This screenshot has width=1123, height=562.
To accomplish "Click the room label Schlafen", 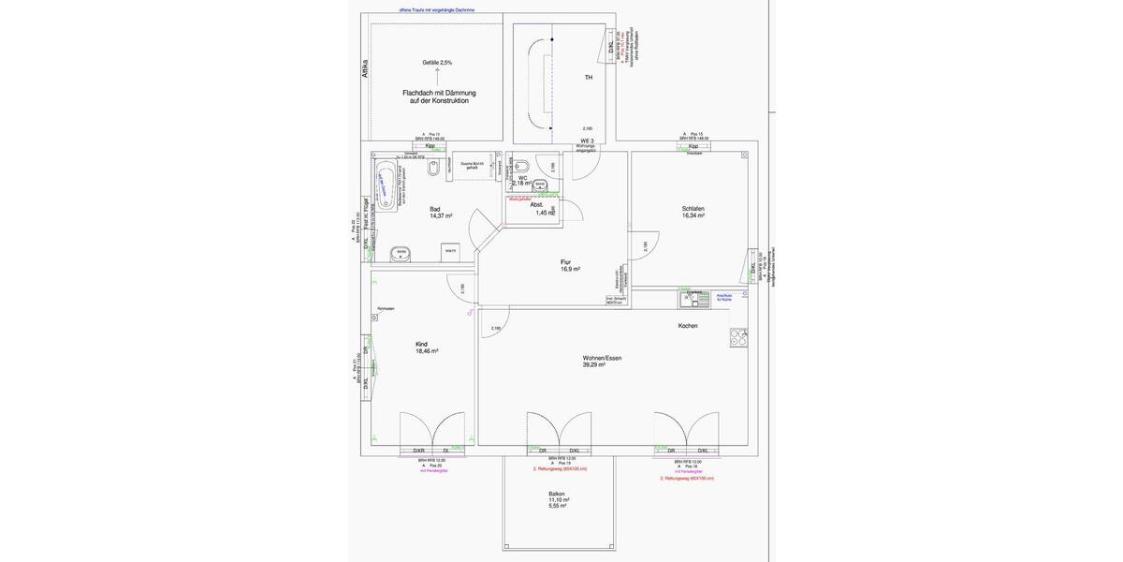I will (x=693, y=208).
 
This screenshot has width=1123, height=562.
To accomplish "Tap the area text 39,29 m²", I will (x=594, y=365).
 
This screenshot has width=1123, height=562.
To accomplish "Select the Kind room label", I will (x=421, y=344).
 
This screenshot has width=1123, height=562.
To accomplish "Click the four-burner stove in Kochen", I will (x=738, y=335).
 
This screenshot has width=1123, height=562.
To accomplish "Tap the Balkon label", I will (x=557, y=494).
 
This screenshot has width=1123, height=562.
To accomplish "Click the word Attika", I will (x=365, y=70).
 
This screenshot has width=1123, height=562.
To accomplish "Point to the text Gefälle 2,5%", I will (x=437, y=63).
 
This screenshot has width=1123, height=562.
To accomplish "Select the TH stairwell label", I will (x=589, y=78).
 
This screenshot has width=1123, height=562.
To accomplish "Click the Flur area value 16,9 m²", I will (x=571, y=269).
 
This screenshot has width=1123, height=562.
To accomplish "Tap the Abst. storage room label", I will (x=537, y=203).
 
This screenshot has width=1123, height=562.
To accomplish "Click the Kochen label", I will (x=688, y=326).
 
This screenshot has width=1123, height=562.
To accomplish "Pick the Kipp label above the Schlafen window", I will (x=693, y=146).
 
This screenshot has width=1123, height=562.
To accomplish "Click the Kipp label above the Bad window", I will (x=430, y=146).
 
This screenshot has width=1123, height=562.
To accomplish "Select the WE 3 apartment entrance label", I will (x=587, y=140).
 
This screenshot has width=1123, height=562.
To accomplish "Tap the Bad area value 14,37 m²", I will (x=441, y=215).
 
